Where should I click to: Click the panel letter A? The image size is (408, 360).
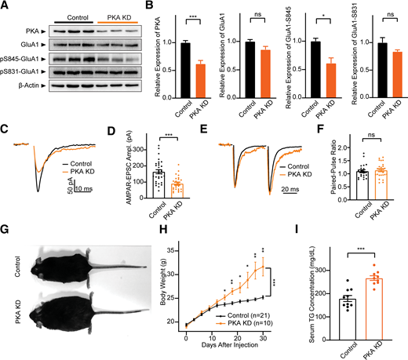(x=5, y=7)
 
